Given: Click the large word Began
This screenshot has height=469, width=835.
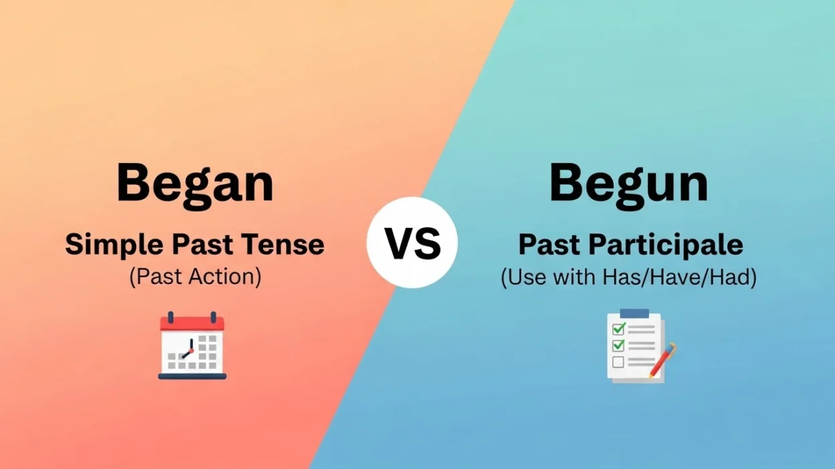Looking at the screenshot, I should click(195, 183).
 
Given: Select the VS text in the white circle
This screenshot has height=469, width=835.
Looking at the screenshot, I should click(412, 243).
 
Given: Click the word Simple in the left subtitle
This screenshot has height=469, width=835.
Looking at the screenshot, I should click(114, 245).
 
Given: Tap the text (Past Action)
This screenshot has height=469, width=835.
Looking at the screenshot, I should click(195, 277).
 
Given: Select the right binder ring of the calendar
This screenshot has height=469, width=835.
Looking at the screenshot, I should click(213, 317).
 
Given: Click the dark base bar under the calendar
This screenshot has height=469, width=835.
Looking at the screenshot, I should click(193, 376).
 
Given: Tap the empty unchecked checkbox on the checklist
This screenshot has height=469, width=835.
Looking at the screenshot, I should click(618, 362).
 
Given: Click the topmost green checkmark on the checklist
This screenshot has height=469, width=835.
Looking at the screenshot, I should click(619, 329).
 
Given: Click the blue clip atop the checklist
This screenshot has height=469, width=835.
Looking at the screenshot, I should click(634, 313).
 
